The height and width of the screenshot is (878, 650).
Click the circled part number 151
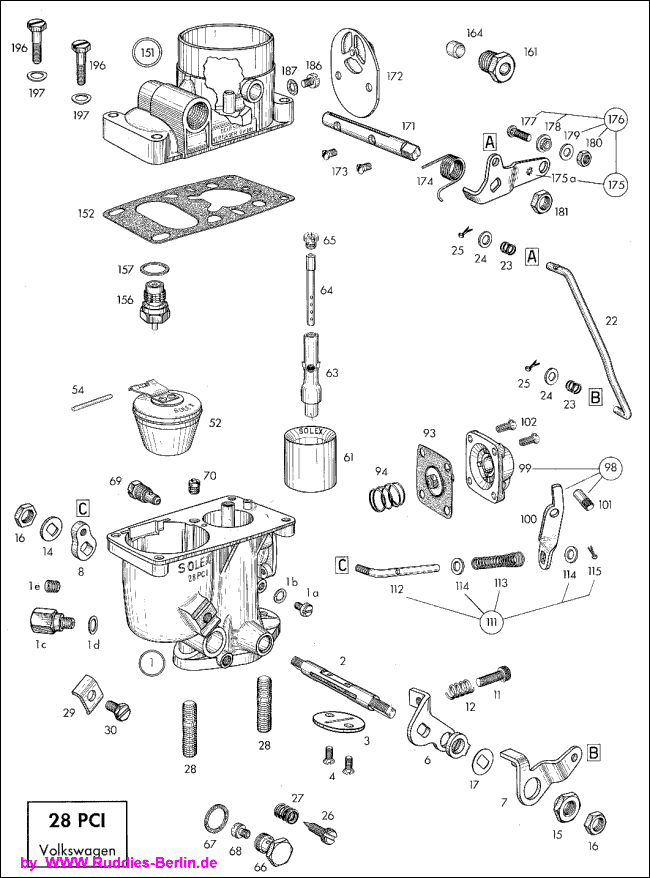coord(148,51)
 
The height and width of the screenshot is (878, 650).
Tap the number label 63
coord(331,373)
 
